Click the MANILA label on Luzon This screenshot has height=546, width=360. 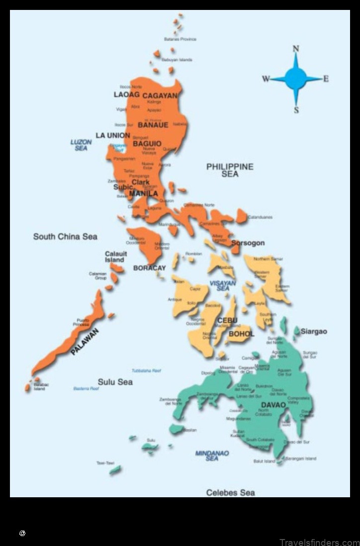(143, 193)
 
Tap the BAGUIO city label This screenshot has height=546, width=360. (147, 144)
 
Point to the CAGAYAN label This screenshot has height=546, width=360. (160, 95)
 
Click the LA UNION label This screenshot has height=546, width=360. (113, 135)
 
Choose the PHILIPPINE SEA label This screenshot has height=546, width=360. (230, 170)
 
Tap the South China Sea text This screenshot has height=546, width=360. (65, 237)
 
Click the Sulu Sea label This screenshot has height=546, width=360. (115, 382)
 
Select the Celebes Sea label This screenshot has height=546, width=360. (230, 492)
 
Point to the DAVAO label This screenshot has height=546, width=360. (273, 405)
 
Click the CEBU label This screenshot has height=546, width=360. (227, 320)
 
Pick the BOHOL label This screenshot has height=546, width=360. (241, 334)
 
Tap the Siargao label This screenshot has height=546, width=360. (314, 331)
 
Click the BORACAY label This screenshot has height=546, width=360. (149, 268)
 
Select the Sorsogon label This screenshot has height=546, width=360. (248, 243)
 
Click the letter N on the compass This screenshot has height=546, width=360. (296, 49)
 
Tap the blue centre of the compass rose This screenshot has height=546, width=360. (296, 79)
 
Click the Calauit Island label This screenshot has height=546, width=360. (115, 257)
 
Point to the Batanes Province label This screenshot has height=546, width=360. (180, 39)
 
